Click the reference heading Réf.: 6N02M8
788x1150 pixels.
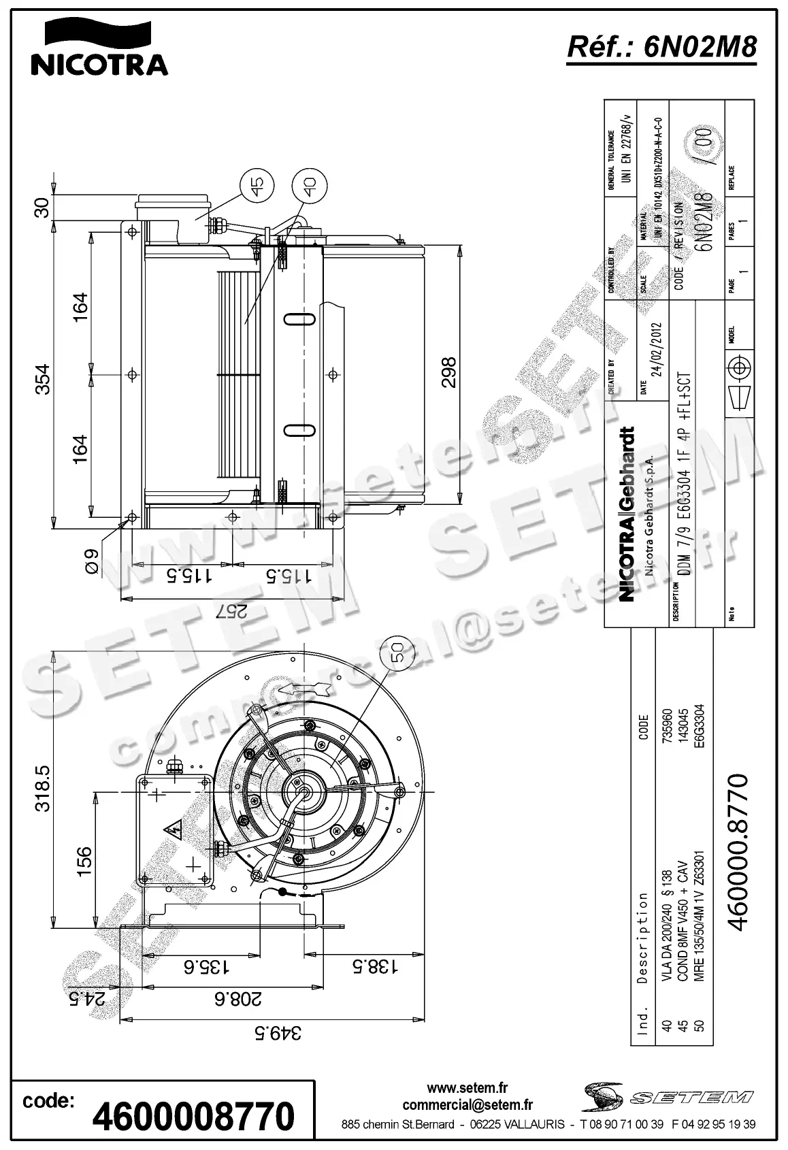click(x=661, y=48)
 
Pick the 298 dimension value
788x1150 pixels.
click(x=450, y=372)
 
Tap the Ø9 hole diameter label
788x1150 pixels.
click(x=92, y=562)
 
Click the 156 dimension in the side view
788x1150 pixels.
click(x=84, y=861)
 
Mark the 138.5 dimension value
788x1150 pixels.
click(x=374, y=966)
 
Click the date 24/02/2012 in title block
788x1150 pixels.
click(x=657, y=348)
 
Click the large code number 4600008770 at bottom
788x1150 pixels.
click(x=193, y=1116)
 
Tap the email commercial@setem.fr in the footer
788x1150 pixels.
click(x=467, y=1105)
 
